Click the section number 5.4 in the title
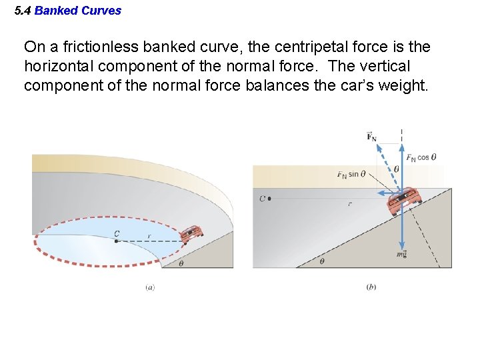pyautogui.click(x=23, y=11)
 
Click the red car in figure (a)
pyautogui.click(x=192, y=233)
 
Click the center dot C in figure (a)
pyautogui.click(x=116, y=241)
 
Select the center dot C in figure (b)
pyautogui.click(x=269, y=199)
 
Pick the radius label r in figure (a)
pyautogui.click(x=149, y=235)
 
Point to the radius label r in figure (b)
pyautogui.click(x=349, y=204)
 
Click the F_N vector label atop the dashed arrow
pyautogui.click(x=371, y=137)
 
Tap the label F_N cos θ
pyautogui.click(x=421, y=158)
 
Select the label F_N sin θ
pyautogui.click(x=351, y=175)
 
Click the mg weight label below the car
pyautogui.click(x=401, y=254)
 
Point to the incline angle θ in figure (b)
pyautogui.click(x=322, y=261)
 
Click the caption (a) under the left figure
pyautogui.click(x=150, y=287)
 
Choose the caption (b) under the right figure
pyautogui.click(x=371, y=287)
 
